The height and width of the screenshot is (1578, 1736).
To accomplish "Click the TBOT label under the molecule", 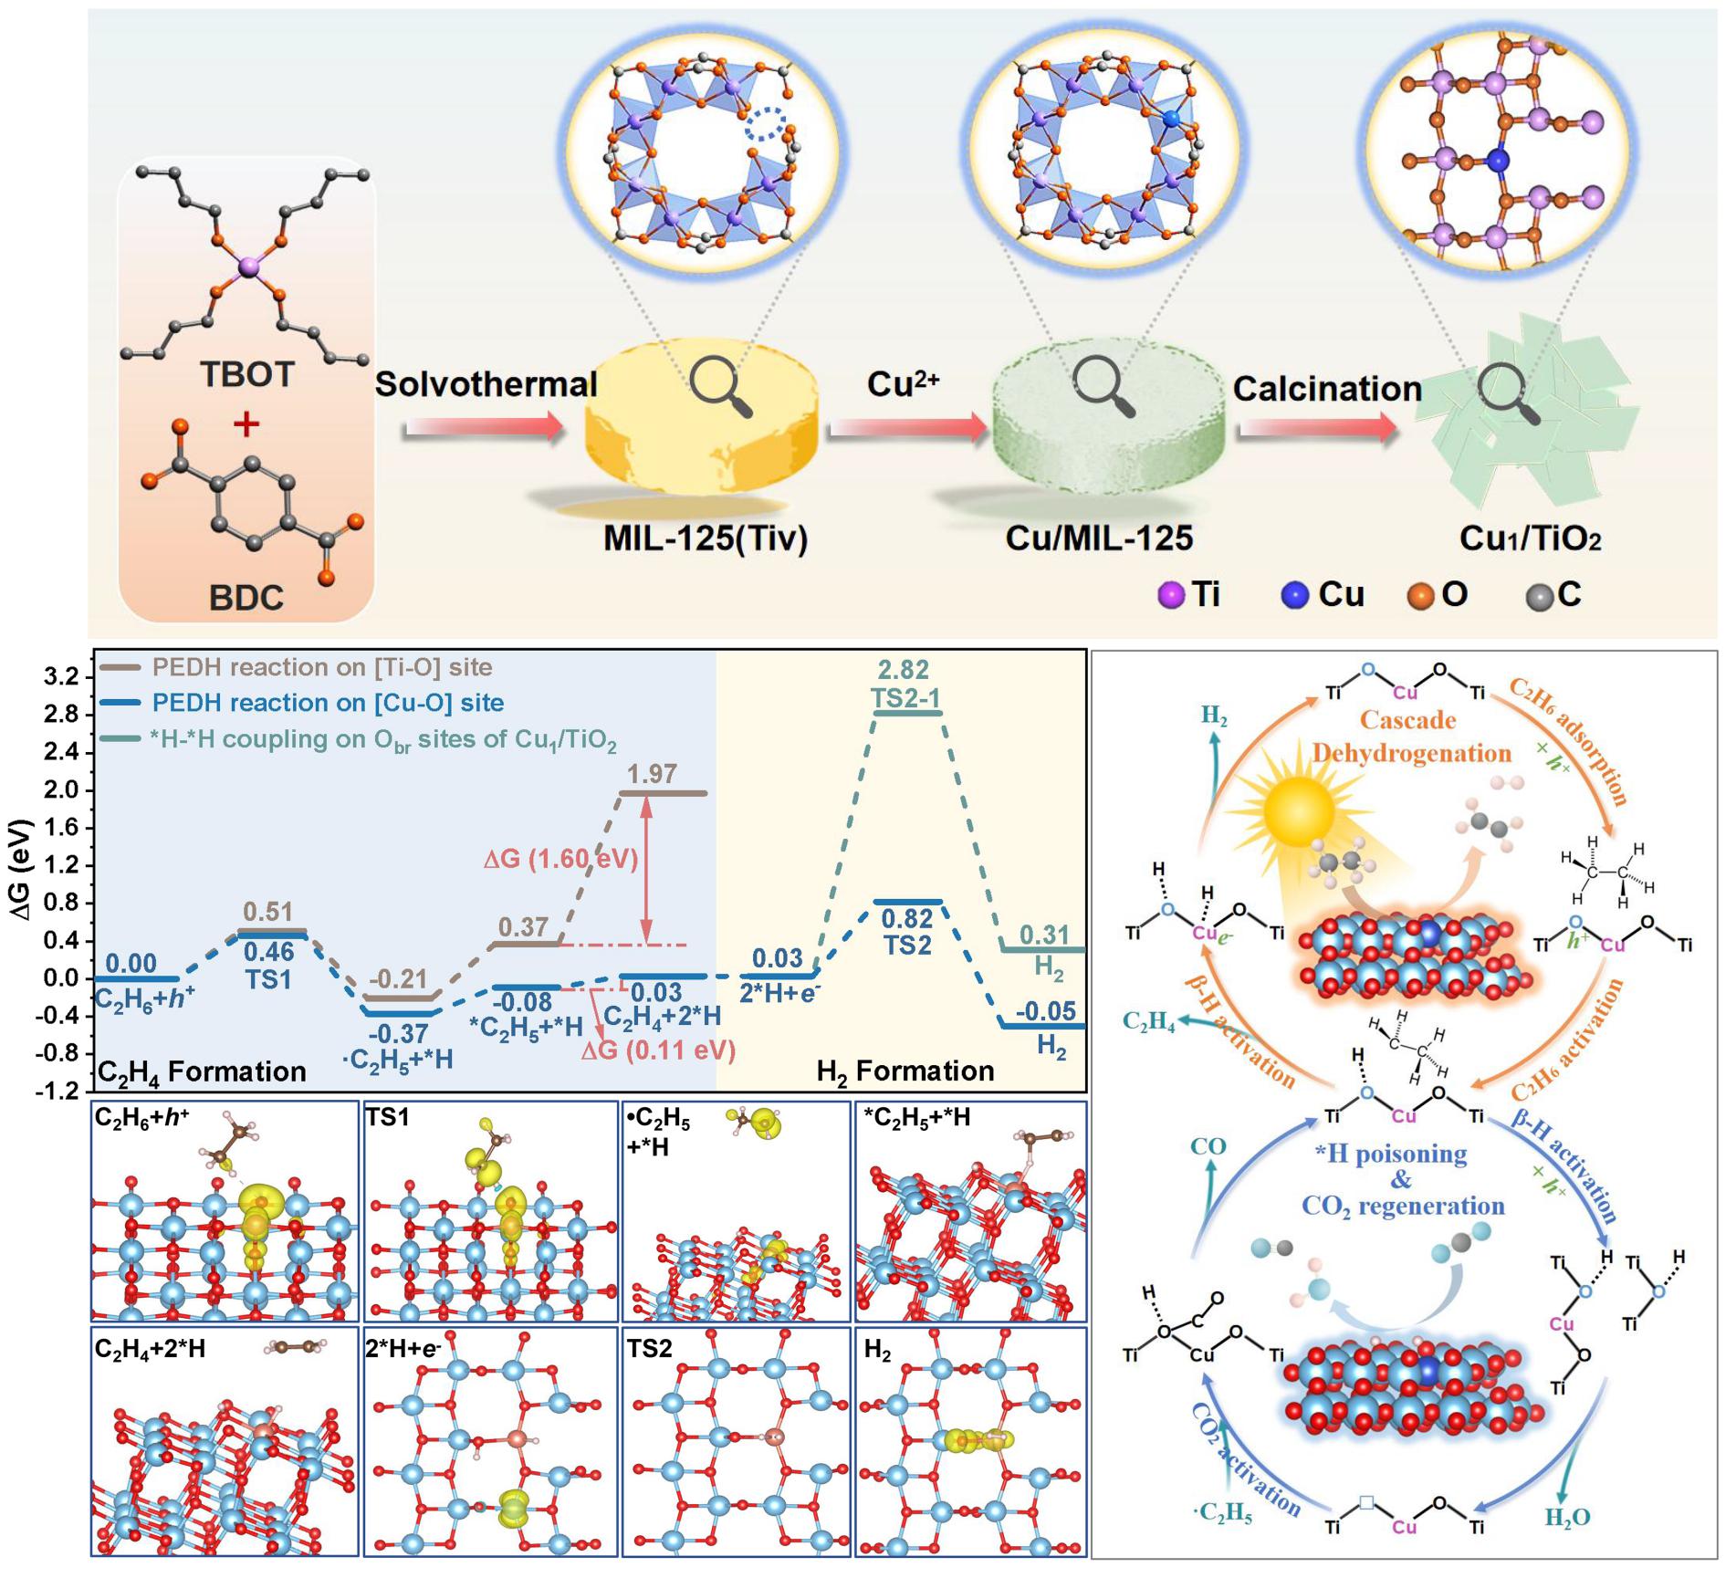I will pyautogui.click(x=246, y=374).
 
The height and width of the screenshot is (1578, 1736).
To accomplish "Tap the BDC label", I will pyautogui.click(x=246, y=598).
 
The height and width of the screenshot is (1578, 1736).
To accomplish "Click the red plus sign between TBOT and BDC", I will pyautogui.click(x=246, y=424).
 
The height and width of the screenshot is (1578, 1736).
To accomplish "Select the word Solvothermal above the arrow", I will pyautogui.click(x=486, y=384).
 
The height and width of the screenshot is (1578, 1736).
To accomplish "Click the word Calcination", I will pyautogui.click(x=1327, y=390).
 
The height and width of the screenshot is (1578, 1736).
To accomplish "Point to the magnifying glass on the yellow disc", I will pyautogui.click(x=720, y=386).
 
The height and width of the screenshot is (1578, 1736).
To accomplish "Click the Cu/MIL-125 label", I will pyautogui.click(x=1099, y=538).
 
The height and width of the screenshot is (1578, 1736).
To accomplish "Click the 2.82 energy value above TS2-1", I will pyautogui.click(x=904, y=670).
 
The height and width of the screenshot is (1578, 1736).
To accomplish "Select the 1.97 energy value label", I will pyautogui.click(x=652, y=774).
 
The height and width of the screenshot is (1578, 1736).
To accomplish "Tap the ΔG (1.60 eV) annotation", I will pyautogui.click(x=560, y=859).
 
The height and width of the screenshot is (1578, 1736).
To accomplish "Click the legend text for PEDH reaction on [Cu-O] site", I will pyautogui.click(x=328, y=703).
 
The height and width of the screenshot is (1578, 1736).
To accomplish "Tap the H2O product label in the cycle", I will pyautogui.click(x=1567, y=1518).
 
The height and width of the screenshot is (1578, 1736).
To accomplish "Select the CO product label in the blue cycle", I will pyautogui.click(x=1208, y=1146).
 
